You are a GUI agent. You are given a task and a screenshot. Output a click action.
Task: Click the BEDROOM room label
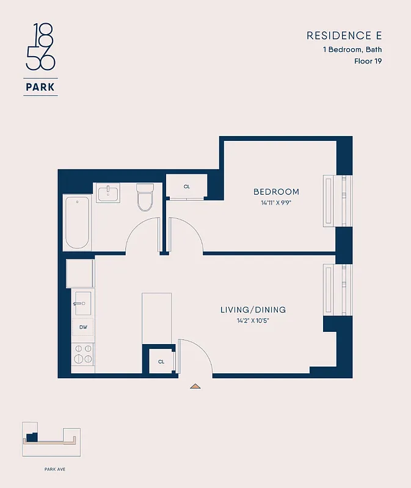point(276,192)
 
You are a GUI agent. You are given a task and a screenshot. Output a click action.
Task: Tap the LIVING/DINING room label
point(253,310)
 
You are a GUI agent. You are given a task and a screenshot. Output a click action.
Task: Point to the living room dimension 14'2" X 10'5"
point(253,321)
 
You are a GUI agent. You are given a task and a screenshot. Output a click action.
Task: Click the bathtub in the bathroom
point(78,223)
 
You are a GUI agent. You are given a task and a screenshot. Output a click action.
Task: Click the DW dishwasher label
point(83,327)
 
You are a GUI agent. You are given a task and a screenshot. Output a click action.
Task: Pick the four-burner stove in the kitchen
point(83,354)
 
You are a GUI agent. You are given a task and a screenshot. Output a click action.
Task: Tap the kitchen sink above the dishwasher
point(83,301)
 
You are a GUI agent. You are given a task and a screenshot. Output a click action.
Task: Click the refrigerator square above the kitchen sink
point(80,273)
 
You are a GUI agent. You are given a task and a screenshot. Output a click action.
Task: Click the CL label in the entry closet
point(161,361)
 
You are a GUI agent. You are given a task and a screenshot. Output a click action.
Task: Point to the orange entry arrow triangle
point(195,386)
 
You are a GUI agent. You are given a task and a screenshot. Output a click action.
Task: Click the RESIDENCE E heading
point(344,36)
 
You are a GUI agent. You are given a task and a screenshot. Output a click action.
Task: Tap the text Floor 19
point(368,61)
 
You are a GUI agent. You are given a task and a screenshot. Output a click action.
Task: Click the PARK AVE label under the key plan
point(54,469)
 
